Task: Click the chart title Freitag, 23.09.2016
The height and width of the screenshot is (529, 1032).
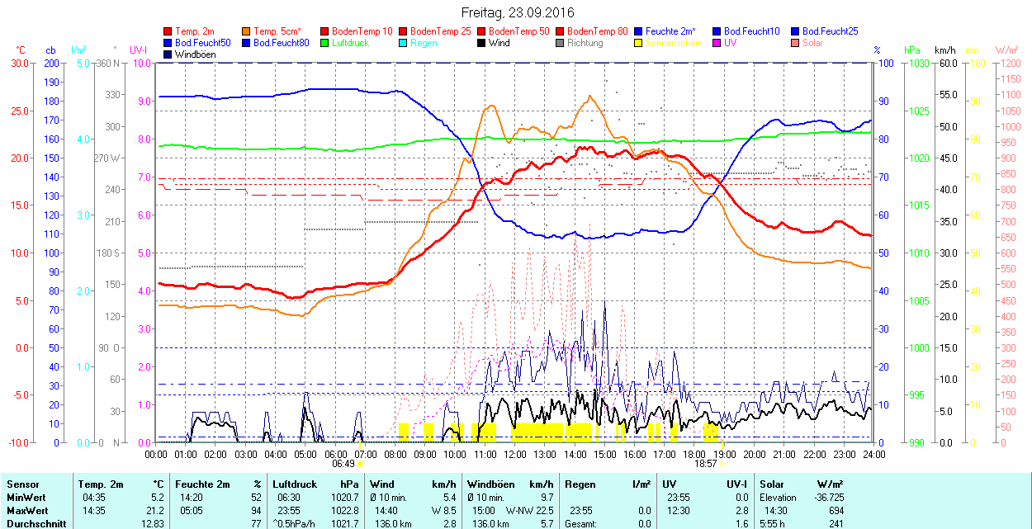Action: (x=517, y=12)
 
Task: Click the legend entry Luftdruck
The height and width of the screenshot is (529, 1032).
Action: (x=350, y=43)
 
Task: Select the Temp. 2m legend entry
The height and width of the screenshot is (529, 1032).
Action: (x=193, y=31)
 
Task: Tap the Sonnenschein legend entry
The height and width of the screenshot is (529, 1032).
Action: (x=674, y=43)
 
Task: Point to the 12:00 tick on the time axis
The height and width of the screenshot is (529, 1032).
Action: (x=515, y=454)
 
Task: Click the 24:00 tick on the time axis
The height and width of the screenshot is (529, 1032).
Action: (x=873, y=454)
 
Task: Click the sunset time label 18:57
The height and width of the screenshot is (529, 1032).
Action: (x=705, y=464)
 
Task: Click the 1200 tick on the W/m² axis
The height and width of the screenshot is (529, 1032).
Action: (x=1010, y=64)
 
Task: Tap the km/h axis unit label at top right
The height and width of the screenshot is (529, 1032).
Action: (x=944, y=50)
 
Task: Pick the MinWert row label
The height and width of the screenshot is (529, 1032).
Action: (x=24, y=498)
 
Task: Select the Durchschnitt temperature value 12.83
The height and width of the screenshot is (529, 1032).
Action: (x=152, y=524)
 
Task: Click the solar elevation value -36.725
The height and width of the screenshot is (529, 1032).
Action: (x=826, y=498)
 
